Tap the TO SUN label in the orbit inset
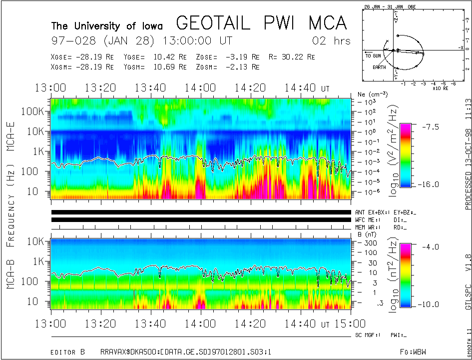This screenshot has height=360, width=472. tap(374, 55)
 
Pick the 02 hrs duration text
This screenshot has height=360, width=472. tap(331, 40)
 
